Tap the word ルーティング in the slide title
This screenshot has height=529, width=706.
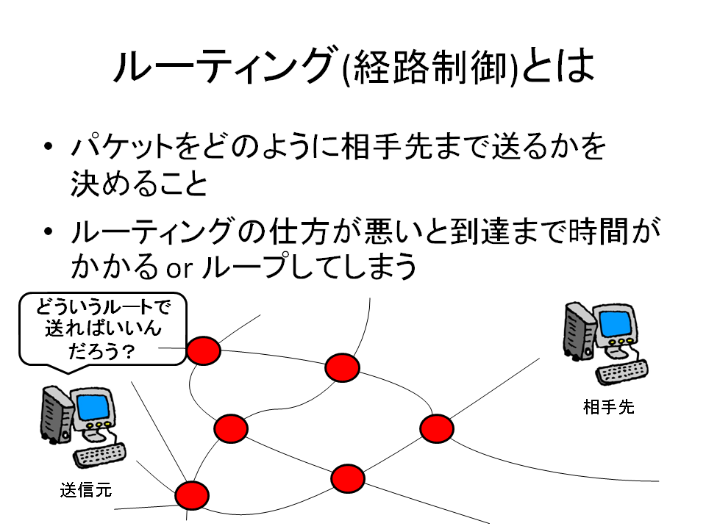(224, 65)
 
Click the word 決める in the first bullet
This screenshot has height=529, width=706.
(107, 184)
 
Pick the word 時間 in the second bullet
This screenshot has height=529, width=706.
(598, 231)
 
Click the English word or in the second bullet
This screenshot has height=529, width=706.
(179, 269)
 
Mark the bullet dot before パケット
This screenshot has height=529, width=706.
(49, 147)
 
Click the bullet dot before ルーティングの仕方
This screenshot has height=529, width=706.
(49, 231)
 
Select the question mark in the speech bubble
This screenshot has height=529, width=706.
(128, 351)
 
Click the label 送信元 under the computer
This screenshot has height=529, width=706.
(85, 490)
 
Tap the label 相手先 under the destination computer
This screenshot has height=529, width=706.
(608, 407)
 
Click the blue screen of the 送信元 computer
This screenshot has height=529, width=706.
(93, 406)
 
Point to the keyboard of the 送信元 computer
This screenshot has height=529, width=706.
(99, 455)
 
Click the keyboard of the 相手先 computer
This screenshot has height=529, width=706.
(622, 371)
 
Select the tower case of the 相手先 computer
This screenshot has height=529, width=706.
(579, 332)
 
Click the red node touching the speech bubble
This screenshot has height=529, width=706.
(204, 350)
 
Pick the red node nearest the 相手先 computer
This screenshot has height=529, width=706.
(437, 428)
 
